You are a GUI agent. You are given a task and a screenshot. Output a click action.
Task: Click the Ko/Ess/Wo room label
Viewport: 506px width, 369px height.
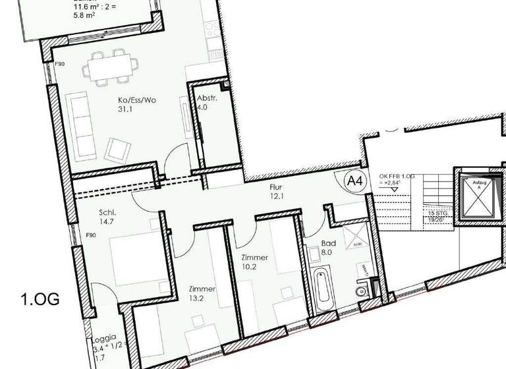[x=132, y=99]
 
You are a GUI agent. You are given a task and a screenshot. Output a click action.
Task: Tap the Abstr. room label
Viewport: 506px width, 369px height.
[x=206, y=99]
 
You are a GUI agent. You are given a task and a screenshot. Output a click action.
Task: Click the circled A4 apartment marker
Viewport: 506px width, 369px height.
[x=356, y=181]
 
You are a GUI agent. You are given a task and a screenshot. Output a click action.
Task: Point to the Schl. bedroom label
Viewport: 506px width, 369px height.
[x=108, y=212]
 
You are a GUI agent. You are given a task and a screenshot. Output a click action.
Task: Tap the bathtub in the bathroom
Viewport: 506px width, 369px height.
[x=323, y=291]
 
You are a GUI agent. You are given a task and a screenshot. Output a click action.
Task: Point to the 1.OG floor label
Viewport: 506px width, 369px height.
[x=40, y=300]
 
